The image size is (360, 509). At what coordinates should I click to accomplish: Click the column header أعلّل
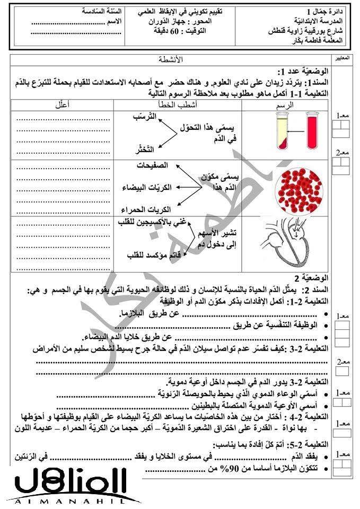(x=63, y=106)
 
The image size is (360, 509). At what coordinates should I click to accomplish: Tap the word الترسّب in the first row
(x=149, y=116)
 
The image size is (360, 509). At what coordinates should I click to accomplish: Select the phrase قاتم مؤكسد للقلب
(x=151, y=256)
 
